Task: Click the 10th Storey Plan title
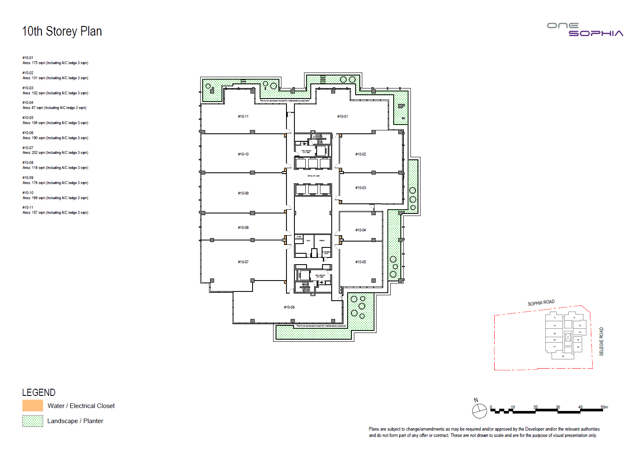[x=62, y=31]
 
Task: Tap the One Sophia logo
[x=585, y=30]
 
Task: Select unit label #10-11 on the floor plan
[x=243, y=117]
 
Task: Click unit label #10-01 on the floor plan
[x=343, y=117]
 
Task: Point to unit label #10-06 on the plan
[x=289, y=307]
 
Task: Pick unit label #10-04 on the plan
[x=361, y=230]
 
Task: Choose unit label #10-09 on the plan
[x=243, y=193]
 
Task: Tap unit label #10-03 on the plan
[x=361, y=188]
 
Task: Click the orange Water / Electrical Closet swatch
[x=33, y=406]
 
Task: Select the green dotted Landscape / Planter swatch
[x=33, y=421]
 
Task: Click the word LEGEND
[x=39, y=393]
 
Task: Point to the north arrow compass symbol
[x=480, y=411]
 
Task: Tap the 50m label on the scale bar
[x=604, y=407]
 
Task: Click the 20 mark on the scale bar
[x=535, y=407]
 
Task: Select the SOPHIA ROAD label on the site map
[x=541, y=303]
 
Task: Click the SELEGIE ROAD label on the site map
[x=601, y=342]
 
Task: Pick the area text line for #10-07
[x=55, y=153]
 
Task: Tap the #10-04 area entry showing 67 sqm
[x=54, y=108]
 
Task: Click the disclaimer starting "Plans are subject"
[x=484, y=432]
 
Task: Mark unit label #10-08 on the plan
[x=243, y=228]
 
